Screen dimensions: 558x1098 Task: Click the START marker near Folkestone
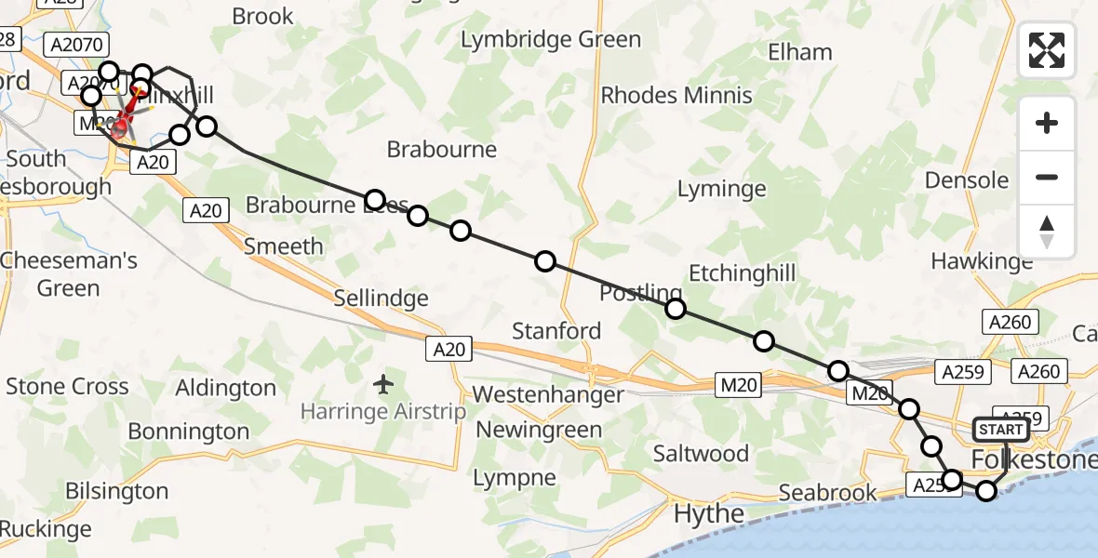tap(1000, 430)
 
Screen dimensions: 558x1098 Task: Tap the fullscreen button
tap(1047, 49)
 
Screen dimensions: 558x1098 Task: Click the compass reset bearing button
tap(1047, 232)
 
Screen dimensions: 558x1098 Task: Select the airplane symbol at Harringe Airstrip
tap(382, 383)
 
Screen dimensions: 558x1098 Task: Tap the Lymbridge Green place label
tap(551, 40)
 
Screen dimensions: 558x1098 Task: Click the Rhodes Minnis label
tap(676, 95)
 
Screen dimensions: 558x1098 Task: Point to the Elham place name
tap(799, 52)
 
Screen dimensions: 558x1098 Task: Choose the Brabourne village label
tap(441, 150)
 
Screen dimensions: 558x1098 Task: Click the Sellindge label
tap(382, 299)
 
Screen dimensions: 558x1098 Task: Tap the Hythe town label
tap(708, 513)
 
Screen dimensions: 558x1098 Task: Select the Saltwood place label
tap(701, 454)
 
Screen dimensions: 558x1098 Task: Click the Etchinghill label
tap(742, 272)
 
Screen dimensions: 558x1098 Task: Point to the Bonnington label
tap(189, 432)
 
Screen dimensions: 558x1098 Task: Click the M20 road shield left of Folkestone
tap(871, 393)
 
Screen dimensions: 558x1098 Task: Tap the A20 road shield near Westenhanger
tap(450, 349)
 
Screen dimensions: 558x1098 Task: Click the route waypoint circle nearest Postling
tap(676, 309)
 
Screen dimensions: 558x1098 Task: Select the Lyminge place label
tap(721, 190)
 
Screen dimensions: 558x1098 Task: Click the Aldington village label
tap(226, 388)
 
